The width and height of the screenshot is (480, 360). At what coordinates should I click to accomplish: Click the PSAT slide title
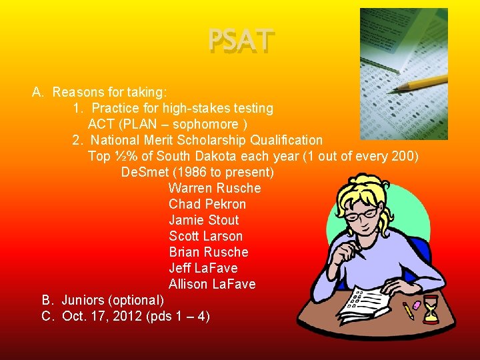tap(241, 41)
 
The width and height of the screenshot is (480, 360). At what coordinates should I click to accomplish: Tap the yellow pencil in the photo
tap(420, 84)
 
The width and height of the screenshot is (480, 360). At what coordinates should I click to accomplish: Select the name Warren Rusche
tap(215, 188)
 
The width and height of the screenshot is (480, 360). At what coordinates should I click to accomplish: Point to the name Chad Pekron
tap(207, 204)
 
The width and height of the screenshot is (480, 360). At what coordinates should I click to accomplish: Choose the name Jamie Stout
tap(203, 220)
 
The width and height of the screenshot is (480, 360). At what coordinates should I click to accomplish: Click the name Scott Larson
tap(205, 236)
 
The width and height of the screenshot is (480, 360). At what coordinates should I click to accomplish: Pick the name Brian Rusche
tap(208, 252)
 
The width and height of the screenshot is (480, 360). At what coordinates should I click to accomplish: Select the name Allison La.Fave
tap(212, 284)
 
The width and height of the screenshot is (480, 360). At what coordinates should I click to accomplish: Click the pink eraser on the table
tap(417, 305)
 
